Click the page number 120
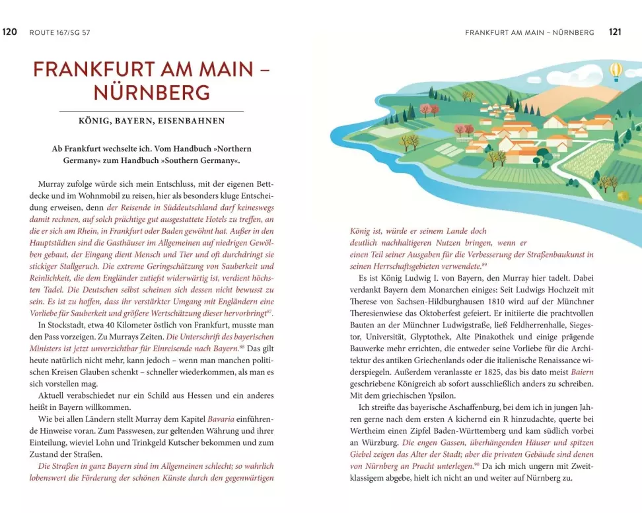[x=10, y=32]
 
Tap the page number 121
[x=615, y=32]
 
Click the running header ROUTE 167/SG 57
[x=60, y=32]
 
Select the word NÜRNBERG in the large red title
[x=151, y=92]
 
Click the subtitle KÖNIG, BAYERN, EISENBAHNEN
[x=151, y=121]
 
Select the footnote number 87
[x=269, y=310]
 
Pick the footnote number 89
[x=484, y=265]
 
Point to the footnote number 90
[x=458, y=465]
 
